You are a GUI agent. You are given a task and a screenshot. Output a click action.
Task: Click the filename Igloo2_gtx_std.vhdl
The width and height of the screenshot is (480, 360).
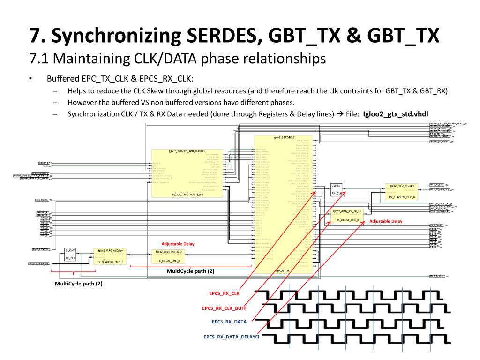click(396, 113)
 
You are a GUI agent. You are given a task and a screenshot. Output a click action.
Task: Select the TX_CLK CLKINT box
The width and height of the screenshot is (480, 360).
click(70, 255)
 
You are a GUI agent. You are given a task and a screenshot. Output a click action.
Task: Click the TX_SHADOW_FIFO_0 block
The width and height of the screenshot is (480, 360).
click(110, 256)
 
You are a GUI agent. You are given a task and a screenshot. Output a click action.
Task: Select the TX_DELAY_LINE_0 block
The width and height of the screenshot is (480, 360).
click(169, 256)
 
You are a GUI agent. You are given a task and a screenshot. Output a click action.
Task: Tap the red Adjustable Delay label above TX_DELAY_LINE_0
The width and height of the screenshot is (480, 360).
click(178, 244)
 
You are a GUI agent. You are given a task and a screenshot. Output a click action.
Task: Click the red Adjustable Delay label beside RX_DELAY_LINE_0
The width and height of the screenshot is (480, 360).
click(386, 221)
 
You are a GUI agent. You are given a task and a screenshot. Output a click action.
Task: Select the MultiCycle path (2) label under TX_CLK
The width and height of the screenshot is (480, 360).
click(78, 284)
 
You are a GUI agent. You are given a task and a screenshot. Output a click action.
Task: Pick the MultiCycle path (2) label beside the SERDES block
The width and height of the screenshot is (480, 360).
click(190, 271)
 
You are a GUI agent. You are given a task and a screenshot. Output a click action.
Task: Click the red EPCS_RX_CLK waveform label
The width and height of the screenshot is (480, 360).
click(224, 293)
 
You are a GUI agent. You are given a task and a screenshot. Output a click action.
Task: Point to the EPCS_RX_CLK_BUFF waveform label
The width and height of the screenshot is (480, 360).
click(224, 308)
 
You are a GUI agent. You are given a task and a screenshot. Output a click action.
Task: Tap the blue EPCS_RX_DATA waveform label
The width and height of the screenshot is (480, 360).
click(229, 322)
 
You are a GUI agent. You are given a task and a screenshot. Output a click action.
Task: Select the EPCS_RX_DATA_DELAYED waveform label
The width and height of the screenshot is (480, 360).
click(231, 337)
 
